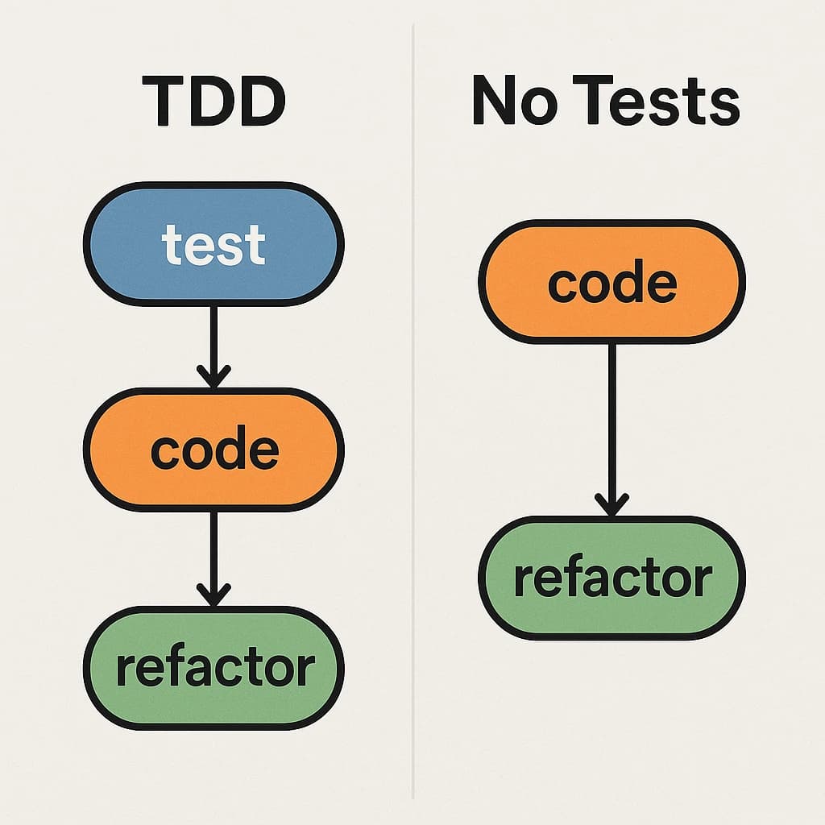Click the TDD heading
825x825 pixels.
tap(214, 102)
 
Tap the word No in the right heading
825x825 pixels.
tap(504, 102)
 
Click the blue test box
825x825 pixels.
tap(214, 244)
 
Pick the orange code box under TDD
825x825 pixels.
tap(214, 450)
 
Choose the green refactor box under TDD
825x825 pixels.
tap(214, 668)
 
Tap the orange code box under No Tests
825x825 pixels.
tap(611, 282)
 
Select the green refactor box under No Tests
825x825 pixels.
tap(611, 578)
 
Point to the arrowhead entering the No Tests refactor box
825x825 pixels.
tap(611, 505)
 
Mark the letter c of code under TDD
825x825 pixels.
tap(164, 453)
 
